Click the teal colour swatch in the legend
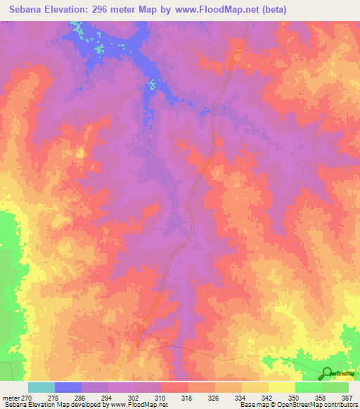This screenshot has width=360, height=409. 41,387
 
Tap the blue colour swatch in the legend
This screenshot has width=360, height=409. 68,387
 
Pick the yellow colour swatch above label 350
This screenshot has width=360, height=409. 282,387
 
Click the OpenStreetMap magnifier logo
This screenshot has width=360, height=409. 327,374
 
